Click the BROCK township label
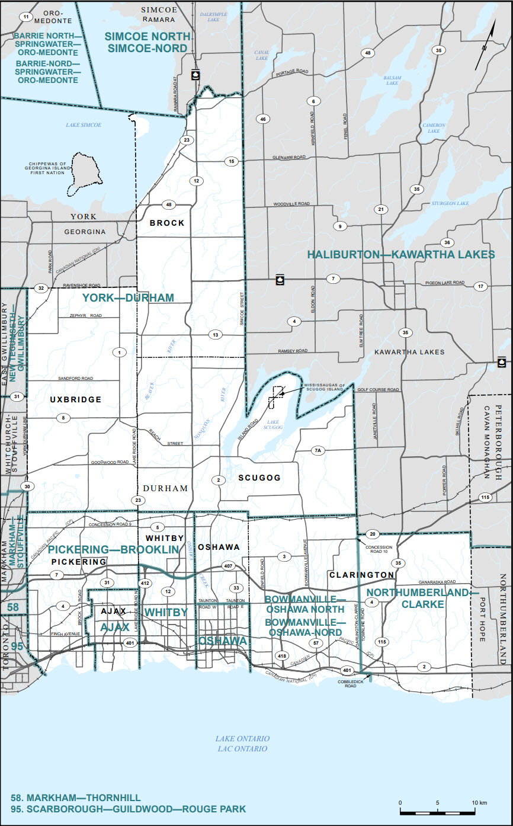166,223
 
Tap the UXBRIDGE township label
76,399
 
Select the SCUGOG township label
259,478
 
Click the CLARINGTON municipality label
361,575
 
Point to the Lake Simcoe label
84,125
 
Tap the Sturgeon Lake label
451,203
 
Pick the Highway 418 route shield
281,655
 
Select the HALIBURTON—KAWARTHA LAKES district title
401,254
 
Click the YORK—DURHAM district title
128,297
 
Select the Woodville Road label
291,204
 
